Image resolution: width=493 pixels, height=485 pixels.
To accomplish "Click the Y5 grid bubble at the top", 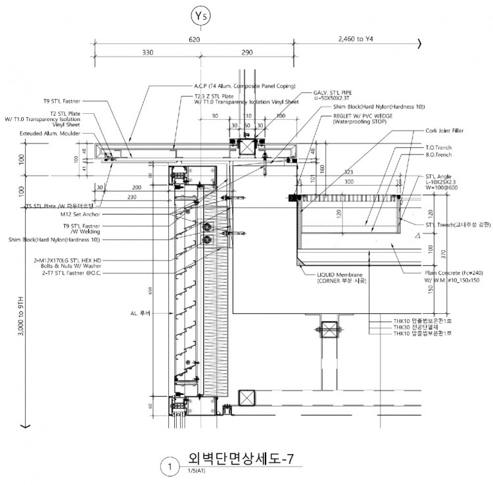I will point(199,15).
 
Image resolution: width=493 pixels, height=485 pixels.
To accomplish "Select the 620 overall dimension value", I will point(194,39).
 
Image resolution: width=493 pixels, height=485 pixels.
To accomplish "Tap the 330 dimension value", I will point(147,52).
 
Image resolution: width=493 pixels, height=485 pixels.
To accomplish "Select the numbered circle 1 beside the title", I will point(170,467).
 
